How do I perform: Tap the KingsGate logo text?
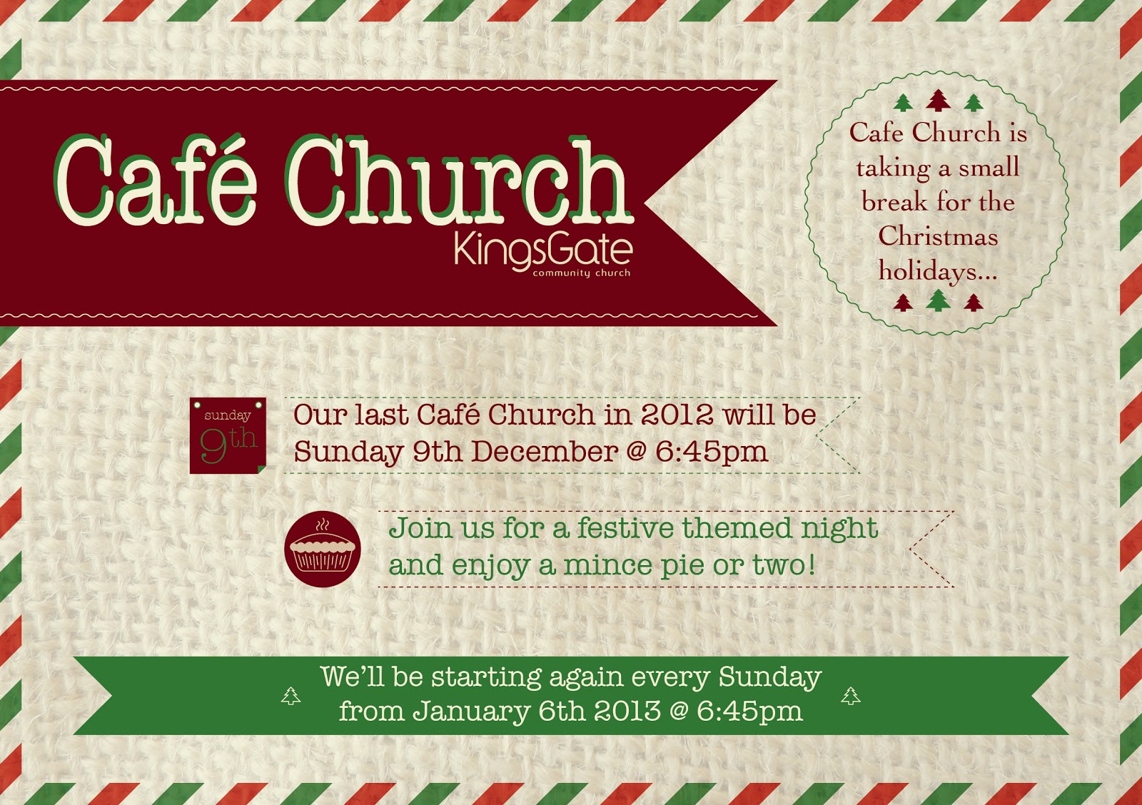coord(543,250)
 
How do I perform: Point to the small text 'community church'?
coord(581,273)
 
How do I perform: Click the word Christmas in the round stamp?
coord(938,236)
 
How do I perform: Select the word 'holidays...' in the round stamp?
coord(937,272)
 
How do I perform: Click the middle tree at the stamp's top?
coord(939,101)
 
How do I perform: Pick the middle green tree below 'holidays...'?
coord(939,300)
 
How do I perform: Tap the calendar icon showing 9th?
coord(228,435)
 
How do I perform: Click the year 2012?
coord(677,415)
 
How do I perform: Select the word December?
coord(545,452)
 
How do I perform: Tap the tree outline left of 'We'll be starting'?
coord(290,696)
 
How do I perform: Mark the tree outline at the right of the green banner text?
coord(851,696)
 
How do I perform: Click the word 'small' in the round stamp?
coord(989,168)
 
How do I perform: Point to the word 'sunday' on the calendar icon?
coord(227,415)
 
